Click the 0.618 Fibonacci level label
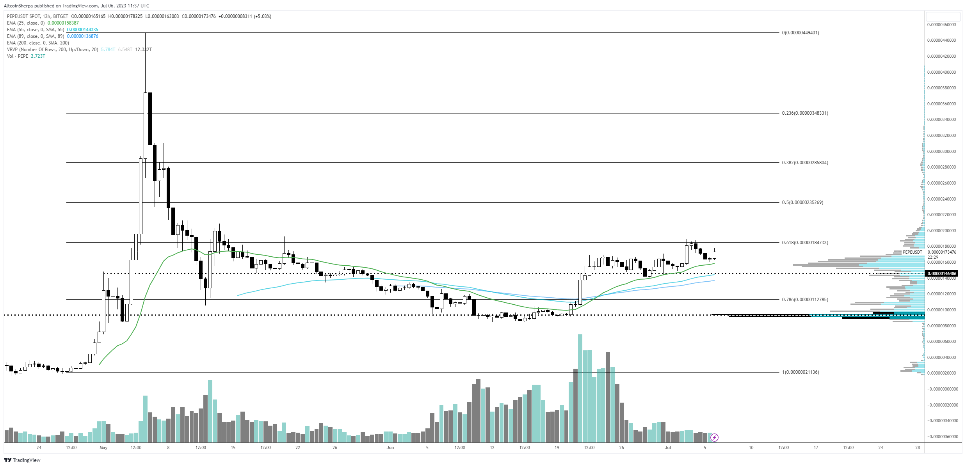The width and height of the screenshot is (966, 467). [x=804, y=243]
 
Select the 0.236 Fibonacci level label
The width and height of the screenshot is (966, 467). [x=804, y=113]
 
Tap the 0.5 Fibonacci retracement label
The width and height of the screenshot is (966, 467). [x=802, y=202]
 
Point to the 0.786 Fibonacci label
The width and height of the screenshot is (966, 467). [x=804, y=300]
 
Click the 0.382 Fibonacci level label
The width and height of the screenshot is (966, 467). [x=804, y=163]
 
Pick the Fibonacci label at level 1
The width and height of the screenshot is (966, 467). [x=800, y=372]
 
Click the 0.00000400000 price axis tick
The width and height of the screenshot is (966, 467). [x=941, y=72]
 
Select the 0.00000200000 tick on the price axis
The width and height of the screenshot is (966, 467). [x=941, y=231]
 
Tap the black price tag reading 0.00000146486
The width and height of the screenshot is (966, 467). [x=942, y=273]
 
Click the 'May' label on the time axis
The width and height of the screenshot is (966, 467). [x=103, y=447]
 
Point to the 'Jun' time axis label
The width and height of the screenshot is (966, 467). [x=390, y=447]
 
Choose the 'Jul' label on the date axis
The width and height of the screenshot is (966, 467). [x=668, y=447]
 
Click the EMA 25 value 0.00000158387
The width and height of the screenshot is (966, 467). [x=63, y=23]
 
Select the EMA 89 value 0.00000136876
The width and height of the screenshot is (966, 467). [x=82, y=36]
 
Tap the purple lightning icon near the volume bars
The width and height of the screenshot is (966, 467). [x=714, y=437]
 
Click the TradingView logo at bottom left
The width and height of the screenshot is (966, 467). [x=22, y=460]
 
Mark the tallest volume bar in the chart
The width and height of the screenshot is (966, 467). [x=580, y=388]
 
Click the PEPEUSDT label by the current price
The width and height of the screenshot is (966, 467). [x=912, y=252]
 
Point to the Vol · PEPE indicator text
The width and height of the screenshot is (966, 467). [x=18, y=56]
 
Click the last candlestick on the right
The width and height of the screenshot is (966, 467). [x=714, y=255]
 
